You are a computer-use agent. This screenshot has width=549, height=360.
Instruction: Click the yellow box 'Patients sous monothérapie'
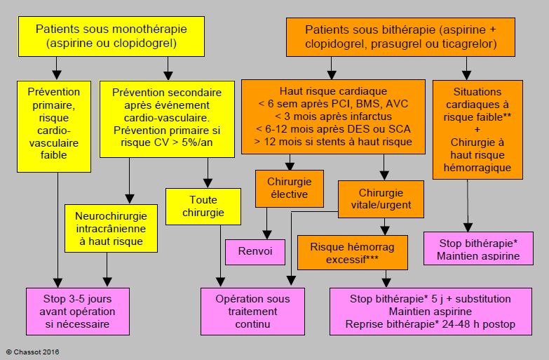pos(111,36)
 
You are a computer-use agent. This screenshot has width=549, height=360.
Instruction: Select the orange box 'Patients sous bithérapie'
pos(400,36)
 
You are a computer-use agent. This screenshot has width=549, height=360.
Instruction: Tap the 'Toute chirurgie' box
pos(203,206)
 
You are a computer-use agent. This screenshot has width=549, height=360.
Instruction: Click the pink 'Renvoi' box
pos(255,252)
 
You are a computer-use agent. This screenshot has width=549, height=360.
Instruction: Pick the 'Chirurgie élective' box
pos(289,189)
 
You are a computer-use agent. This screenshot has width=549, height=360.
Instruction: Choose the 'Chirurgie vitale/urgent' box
pos(381,199)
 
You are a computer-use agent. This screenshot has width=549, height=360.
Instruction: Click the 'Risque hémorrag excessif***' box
pos(353,253)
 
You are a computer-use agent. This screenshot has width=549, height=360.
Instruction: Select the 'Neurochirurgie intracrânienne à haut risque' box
pos(111,228)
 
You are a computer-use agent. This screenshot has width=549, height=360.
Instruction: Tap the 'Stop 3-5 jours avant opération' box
pos(78,312)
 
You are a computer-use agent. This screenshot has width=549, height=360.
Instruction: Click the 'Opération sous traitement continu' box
pos(252,312)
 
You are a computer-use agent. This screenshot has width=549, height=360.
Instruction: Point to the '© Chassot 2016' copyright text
pos(32,352)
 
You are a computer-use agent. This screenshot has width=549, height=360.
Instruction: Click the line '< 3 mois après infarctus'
pos(333,116)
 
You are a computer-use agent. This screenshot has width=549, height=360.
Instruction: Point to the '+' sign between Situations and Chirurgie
pos(477,130)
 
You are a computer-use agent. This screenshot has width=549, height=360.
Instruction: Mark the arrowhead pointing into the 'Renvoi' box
pos(267,235)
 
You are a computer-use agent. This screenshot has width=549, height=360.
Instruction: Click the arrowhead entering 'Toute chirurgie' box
pos(208,183)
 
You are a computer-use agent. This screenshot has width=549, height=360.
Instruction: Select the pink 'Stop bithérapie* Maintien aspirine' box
pos(478,248)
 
